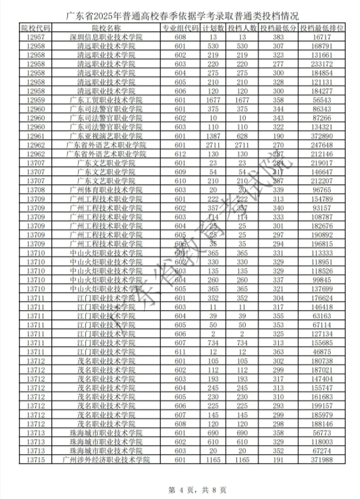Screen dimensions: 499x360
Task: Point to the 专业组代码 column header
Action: coord(180,28)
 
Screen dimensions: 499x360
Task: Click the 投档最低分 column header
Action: coord(278,28)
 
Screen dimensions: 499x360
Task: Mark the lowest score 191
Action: coord(278,461)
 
